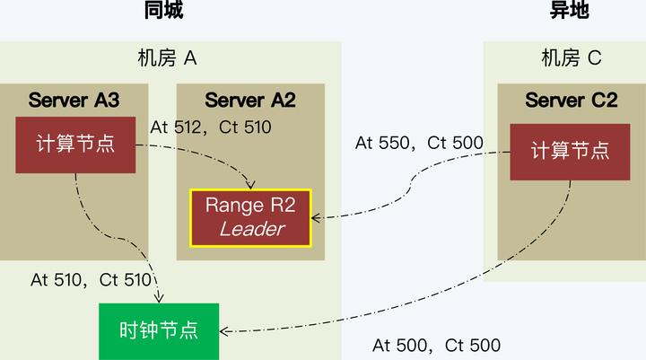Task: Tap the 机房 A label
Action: click(x=167, y=59)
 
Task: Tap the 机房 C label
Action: click(x=571, y=59)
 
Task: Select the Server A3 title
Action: click(x=74, y=100)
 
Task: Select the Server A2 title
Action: click(x=249, y=100)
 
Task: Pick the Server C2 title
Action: click(x=572, y=100)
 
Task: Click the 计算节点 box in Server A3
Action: click(x=75, y=144)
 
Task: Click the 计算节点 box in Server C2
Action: click(x=570, y=151)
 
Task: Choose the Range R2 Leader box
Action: click(x=250, y=217)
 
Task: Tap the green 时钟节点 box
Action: click(x=159, y=330)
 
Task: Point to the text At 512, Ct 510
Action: click(x=211, y=127)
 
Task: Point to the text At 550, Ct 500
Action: click(x=419, y=142)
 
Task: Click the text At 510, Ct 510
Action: click(x=91, y=279)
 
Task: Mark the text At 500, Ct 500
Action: click(x=436, y=346)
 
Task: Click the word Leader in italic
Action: click(x=252, y=229)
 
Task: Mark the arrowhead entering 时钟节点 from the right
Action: click(x=224, y=332)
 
